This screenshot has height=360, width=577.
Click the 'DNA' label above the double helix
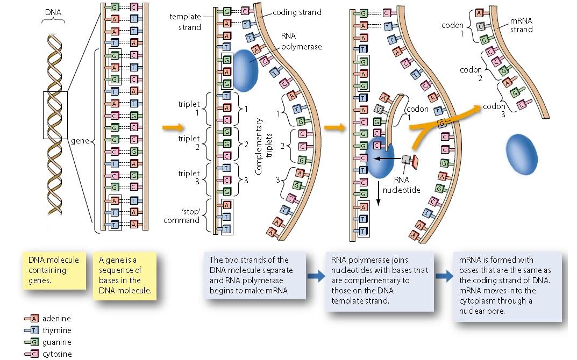[x=53, y=11]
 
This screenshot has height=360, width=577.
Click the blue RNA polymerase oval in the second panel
[x=245, y=69]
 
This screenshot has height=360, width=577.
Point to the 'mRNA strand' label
[x=521, y=25]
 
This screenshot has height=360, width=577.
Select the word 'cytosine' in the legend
[x=57, y=354]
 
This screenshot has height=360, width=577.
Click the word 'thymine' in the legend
[x=56, y=330]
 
